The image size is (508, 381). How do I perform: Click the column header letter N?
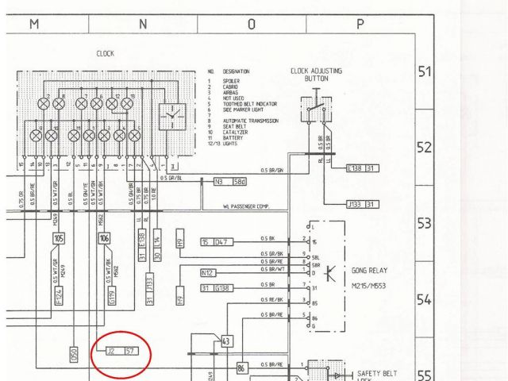143,25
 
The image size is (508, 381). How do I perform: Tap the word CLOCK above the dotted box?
106,54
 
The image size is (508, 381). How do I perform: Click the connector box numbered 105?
59,238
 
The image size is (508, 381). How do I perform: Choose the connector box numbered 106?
105,238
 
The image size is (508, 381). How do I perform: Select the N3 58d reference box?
230,181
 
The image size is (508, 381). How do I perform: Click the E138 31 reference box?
364,168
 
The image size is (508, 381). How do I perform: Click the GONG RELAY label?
373,270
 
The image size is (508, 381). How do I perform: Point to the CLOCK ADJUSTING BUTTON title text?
317,75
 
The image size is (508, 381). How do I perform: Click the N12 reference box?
208,272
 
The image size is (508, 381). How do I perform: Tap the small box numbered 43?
227,341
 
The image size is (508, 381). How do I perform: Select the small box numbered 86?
242,368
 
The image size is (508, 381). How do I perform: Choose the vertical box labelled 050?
74,354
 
